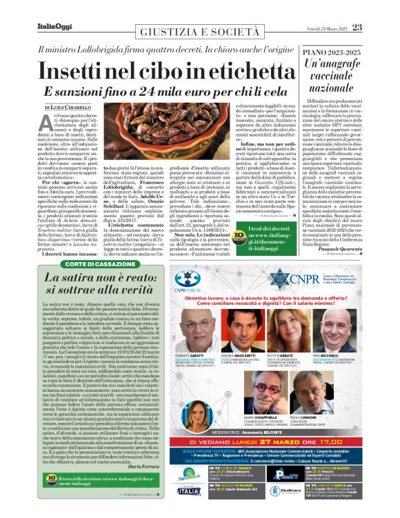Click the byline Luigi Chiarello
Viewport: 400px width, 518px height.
click(x=68, y=108)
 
